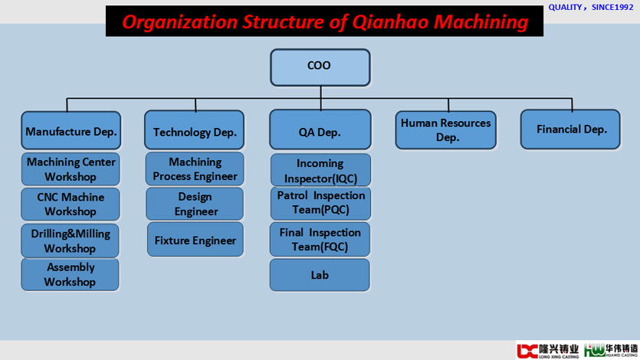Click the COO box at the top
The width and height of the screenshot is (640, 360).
pyautogui.click(x=320, y=67)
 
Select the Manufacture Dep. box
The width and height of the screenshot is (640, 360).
pyautogui.click(x=71, y=130)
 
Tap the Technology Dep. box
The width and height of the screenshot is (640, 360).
pyautogui.click(x=194, y=129)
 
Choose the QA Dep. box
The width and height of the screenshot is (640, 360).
pyautogui.click(x=320, y=129)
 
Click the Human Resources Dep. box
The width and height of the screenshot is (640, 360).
pyautogui.click(x=446, y=129)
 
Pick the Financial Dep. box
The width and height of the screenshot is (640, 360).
pyautogui.click(x=570, y=129)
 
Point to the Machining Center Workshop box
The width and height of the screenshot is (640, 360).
pyautogui.click(x=71, y=169)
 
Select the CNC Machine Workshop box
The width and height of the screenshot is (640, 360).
pyautogui.click(x=71, y=204)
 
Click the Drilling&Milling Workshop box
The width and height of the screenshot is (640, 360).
pyautogui.click(x=71, y=241)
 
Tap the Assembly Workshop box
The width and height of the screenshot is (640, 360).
pyautogui.click(x=71, y=274)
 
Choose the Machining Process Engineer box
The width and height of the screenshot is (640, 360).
pyautogui.click(x=195, y=169)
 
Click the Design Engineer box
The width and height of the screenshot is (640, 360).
pyautogui.click(x=195, y=204)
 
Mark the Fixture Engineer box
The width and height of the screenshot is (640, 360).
pyautogui.click(x=195, y=239)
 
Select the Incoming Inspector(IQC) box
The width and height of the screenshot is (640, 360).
pyautogui.click(x=320, y=170)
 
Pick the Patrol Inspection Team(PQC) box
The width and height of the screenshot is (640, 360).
pyautogui.click(x=320, y=204)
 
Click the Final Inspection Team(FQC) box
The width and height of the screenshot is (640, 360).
pyautogui.click(x=320, y=239)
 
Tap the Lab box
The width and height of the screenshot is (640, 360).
pyautogui.click(x=320, y=275)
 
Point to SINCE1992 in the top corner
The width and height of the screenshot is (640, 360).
pyautogui.click(x=612, y=8)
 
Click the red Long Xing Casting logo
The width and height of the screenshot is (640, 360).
pyautogui.click(x=547, y=351)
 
